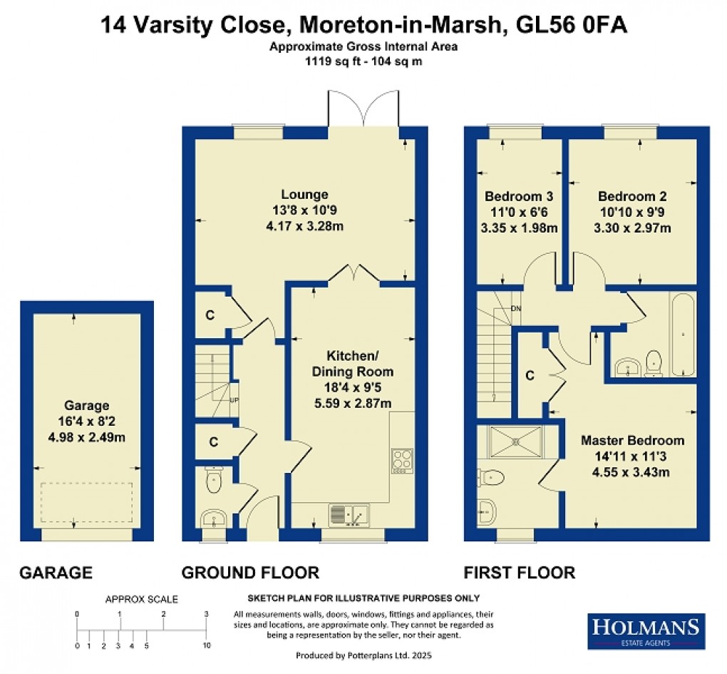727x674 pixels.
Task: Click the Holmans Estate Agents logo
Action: [646, 631]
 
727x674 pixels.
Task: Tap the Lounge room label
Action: [304, 195]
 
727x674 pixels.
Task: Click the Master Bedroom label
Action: [632, 440]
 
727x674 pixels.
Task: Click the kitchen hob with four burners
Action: [402, 459]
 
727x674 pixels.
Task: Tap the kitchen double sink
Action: [349, 513]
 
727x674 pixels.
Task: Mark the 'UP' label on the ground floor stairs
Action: [233, 399]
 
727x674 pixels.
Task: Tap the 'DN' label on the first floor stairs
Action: [515, 308]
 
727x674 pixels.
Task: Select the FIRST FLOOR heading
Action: [519, 572]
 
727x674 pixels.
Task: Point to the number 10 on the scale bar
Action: [206, 645]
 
